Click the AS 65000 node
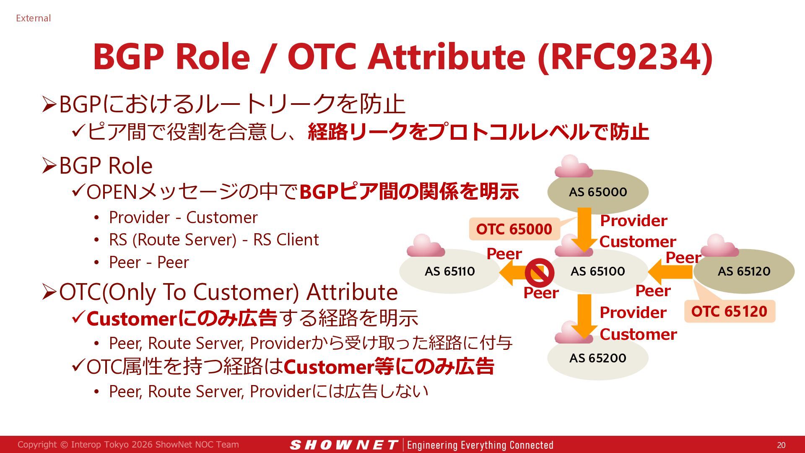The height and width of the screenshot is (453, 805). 598,192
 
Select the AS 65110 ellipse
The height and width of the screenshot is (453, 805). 450,271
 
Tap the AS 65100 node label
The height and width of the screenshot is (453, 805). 598,271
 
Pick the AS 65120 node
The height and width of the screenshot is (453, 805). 744,271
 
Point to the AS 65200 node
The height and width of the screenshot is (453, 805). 598,358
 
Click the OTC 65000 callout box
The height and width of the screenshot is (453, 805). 514,229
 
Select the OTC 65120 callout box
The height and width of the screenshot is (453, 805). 730,311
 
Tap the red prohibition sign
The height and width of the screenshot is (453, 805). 540,273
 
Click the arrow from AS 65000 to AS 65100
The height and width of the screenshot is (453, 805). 584,229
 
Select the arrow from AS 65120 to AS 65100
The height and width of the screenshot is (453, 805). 670,272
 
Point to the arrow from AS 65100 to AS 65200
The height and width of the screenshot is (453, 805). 584,317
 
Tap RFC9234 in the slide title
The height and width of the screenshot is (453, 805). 625,57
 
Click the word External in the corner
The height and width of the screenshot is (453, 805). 33,18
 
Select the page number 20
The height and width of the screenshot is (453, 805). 781,445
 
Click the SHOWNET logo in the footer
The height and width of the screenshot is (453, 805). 343,445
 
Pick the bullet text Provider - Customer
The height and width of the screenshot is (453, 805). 183,217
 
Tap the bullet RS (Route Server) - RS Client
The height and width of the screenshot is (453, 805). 214,240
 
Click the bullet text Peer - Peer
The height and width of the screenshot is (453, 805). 149,262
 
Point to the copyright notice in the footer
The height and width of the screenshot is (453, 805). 128,445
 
